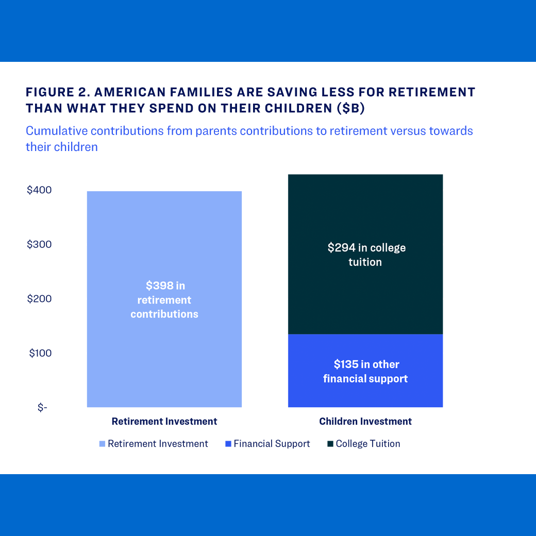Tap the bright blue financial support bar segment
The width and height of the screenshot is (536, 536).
[x=365, y=394]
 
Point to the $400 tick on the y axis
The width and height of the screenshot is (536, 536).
[x=39, y=190]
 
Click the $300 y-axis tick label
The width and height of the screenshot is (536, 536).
[x=39, y=244]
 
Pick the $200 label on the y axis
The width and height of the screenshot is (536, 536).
[x=39, y=299]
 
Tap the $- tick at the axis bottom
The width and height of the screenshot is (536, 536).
[x=42, y=408]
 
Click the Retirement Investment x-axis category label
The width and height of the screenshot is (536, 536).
[x=164, y=422]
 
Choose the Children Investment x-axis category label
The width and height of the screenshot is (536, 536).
[x=365, y=422]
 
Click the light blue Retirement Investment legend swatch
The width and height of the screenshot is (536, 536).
[x=102, y=444]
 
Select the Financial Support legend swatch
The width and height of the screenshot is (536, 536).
[x=228, y=444]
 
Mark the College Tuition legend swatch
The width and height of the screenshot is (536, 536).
[x=330, y=444]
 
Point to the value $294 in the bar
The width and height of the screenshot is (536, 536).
[x=342, y=248]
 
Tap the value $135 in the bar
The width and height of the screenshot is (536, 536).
[x=346, y=365]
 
